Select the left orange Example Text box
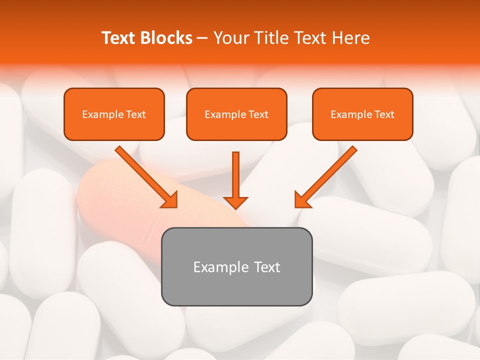114,114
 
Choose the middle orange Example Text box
236,114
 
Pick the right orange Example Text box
362,114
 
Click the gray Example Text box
237,266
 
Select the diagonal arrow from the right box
330,173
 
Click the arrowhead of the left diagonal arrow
170,200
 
